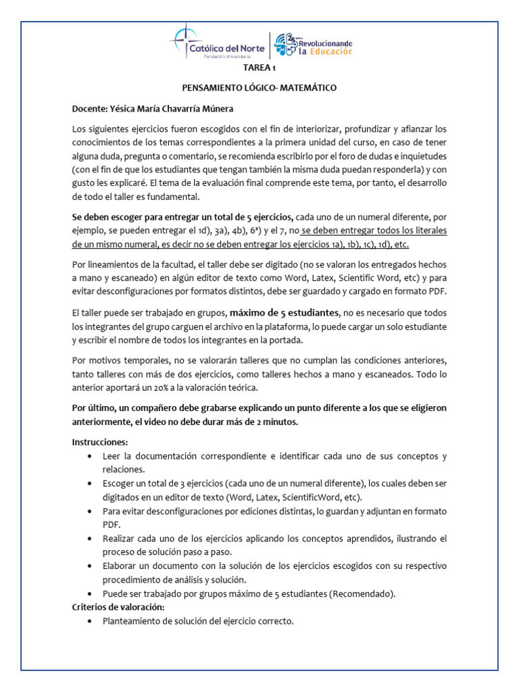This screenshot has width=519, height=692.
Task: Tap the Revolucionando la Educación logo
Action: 313,45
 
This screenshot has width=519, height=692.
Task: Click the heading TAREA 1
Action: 259,69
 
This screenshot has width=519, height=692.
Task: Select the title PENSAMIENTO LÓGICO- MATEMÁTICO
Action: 259,88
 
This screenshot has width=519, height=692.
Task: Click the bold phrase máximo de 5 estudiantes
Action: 285,313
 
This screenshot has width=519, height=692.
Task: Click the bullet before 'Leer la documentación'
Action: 91,457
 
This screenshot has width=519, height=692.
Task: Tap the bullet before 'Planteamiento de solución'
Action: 91,621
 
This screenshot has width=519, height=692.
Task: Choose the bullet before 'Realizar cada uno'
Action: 91,539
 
